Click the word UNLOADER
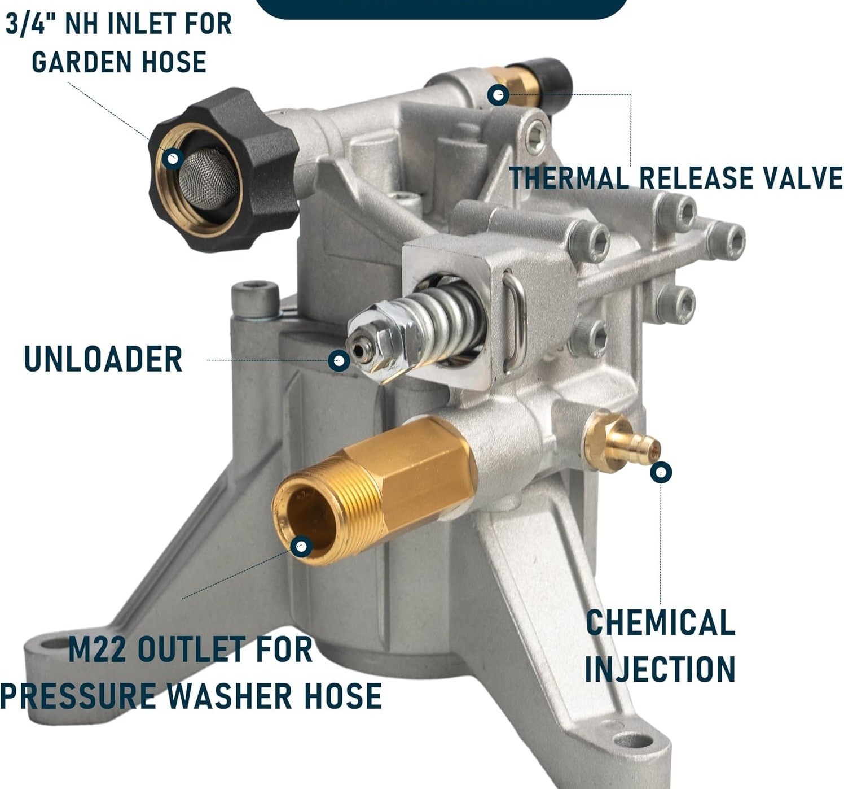tap(103, 358)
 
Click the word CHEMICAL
tap(661, 622)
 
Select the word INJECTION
tap(660, 669)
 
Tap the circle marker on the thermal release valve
tap(498, 95)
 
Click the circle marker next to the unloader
tap(339, 360)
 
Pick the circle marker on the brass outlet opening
tap(301, 547)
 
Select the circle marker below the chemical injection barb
tap(661, 472)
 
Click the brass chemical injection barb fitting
tap(621, 444)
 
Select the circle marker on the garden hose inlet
tap(173, 159)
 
